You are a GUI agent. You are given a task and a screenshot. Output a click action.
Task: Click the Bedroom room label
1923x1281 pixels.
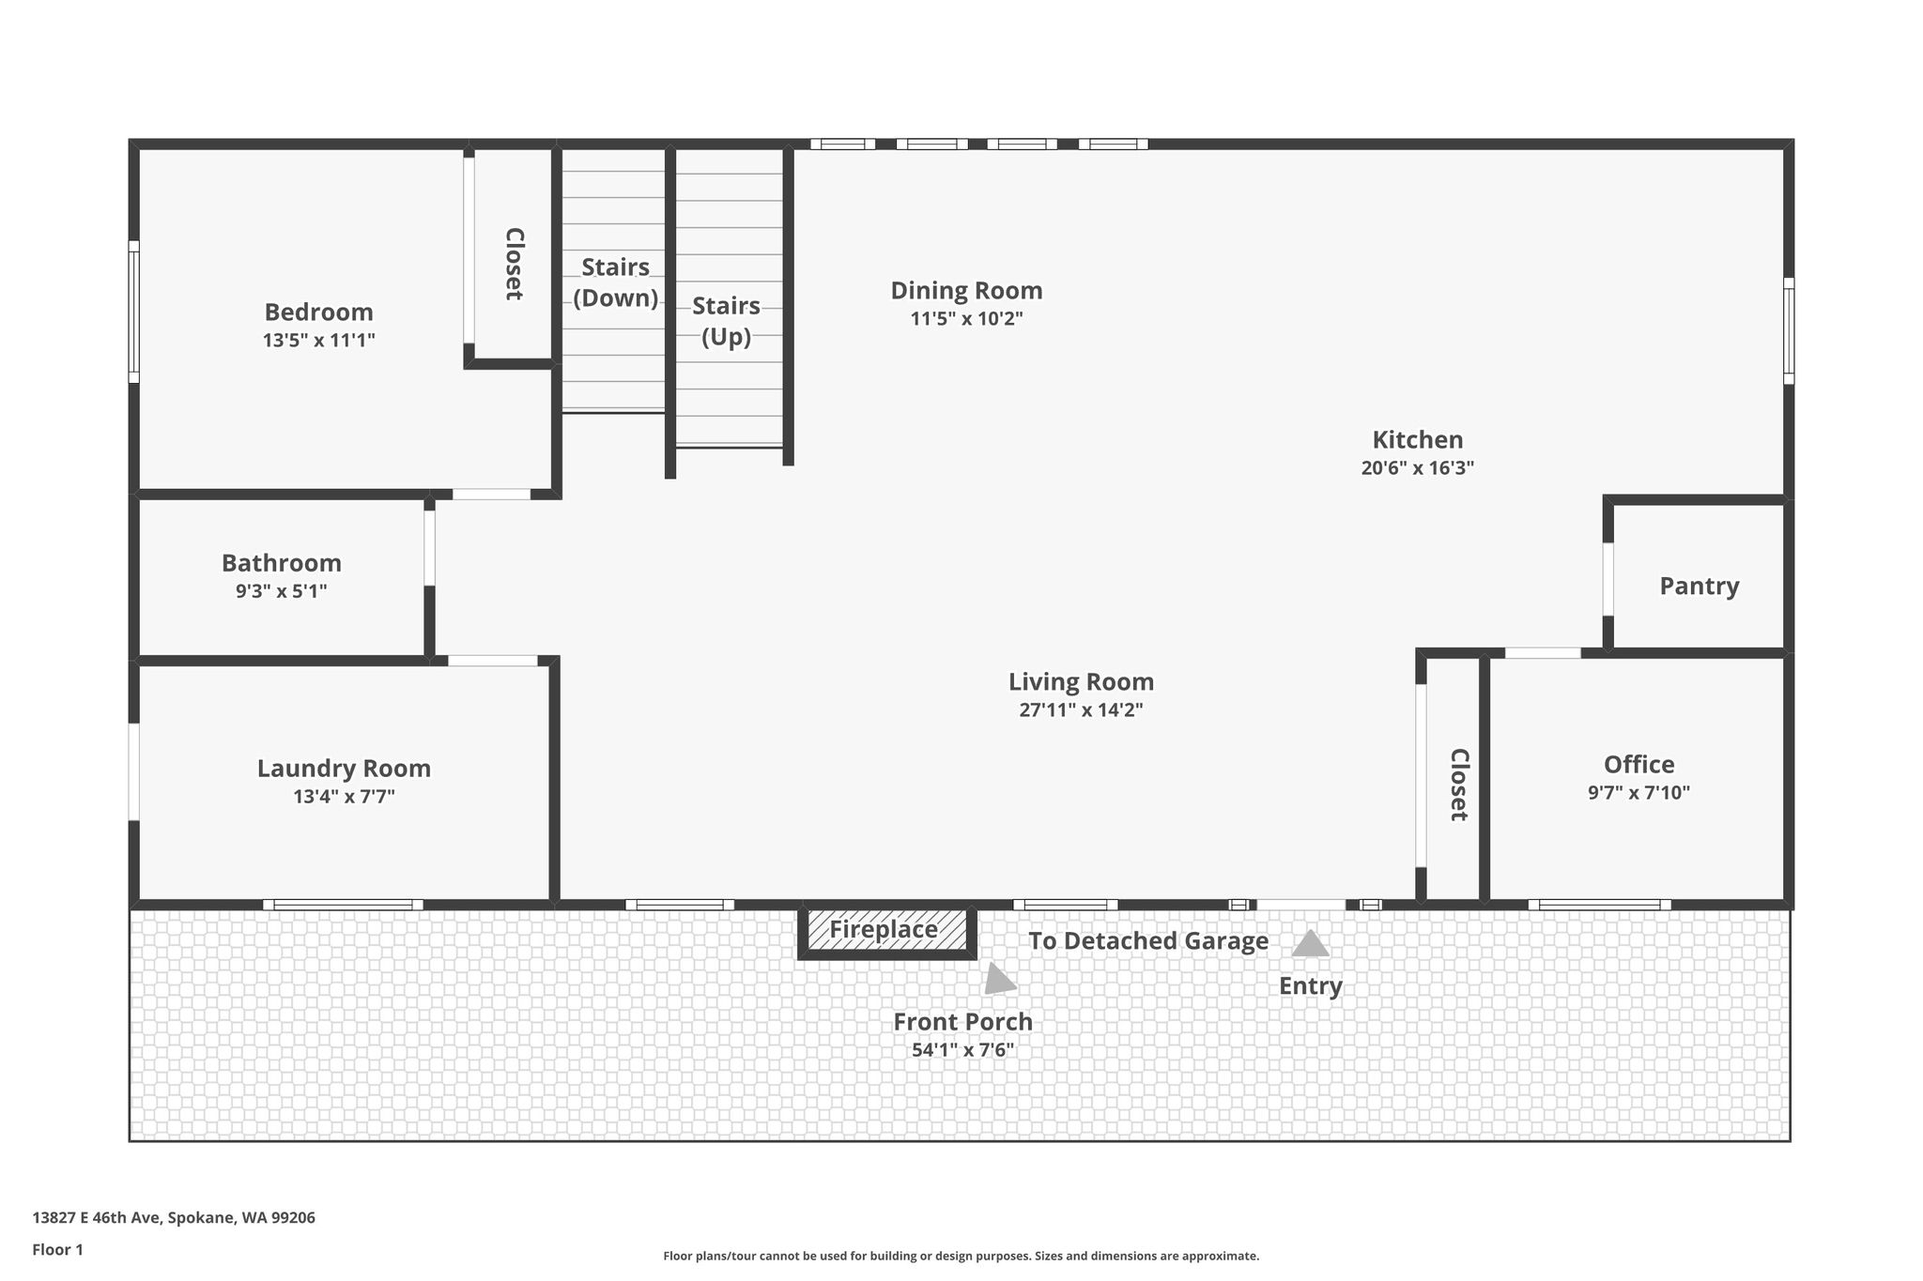click(318, 312)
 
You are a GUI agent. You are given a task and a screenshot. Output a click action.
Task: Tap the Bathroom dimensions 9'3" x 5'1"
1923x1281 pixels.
click(281, 591)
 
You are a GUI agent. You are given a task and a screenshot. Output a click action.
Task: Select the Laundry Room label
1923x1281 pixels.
click(344, 769)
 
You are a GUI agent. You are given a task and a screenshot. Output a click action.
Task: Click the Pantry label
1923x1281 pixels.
click(1700, 587)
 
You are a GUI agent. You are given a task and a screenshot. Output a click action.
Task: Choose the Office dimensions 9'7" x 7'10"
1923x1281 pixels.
click(1638, 792)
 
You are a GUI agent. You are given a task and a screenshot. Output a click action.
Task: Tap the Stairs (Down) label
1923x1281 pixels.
click(615, 282)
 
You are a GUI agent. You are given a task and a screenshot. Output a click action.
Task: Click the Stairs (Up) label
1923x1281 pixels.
click(726, 321)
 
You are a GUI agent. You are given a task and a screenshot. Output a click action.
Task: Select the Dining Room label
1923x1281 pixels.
click(966, 291)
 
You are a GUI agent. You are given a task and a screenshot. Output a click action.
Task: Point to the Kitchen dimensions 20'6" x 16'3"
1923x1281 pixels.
click(1418, 467)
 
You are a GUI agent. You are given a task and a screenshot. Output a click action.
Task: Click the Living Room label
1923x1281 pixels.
click(1081, 682)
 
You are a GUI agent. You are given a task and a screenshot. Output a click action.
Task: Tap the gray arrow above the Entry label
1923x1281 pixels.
click(1310, 943)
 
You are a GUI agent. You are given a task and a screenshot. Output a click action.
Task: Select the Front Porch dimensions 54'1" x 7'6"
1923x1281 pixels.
click(962, 1050)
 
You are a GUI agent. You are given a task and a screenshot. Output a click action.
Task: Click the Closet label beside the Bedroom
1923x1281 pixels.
click(514, 264)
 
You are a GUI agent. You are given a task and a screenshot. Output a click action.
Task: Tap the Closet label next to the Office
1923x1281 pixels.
click(1458, 785)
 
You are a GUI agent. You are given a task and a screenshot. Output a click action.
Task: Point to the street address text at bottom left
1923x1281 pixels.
click(174, 1218)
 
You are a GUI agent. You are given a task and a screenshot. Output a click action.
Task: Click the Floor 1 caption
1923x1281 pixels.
click(57, 1250)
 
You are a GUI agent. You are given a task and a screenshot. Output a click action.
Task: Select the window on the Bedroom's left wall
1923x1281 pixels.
click(134, 312)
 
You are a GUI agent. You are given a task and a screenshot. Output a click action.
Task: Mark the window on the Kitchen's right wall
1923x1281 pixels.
click(1789, 330)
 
